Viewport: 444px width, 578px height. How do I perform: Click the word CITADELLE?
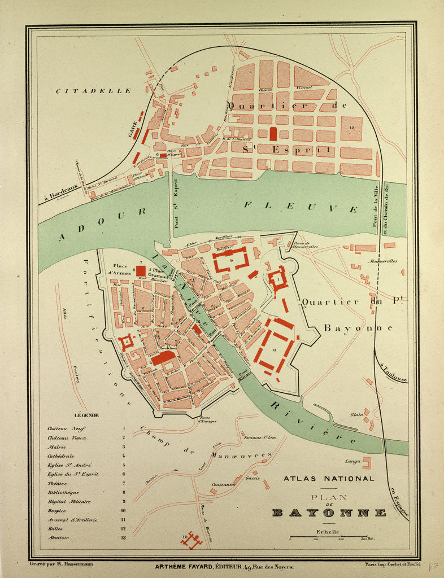pyautogui.click(x=94, y=90)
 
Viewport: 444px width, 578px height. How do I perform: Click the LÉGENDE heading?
pyautogui.click(x=85, y=415)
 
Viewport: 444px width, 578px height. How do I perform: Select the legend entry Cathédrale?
pyautogui.click(x=61, y=456)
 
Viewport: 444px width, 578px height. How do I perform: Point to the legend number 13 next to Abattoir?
pyautogui.click(x=123, y=538)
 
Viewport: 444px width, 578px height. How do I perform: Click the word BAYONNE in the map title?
pyautogui.click(x=329, y=513)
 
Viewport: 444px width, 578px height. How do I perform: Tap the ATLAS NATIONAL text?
pyautogui.click(x=329, y=479)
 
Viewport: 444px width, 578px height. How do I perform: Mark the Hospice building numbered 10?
pyautogui.click(x=191, y=540)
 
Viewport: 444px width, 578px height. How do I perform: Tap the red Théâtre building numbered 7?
pyautogui.click(x=141, y=270)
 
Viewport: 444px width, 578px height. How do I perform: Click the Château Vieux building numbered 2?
pyautogui.click(x=127, y=341)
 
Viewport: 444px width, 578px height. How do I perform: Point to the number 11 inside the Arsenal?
pyautogui.click(x=274, y=350)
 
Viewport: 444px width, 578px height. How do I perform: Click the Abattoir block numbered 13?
pyautogui.click(x=351, y=129)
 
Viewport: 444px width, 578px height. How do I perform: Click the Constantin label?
pyautogui.click(x=223, y=484)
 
